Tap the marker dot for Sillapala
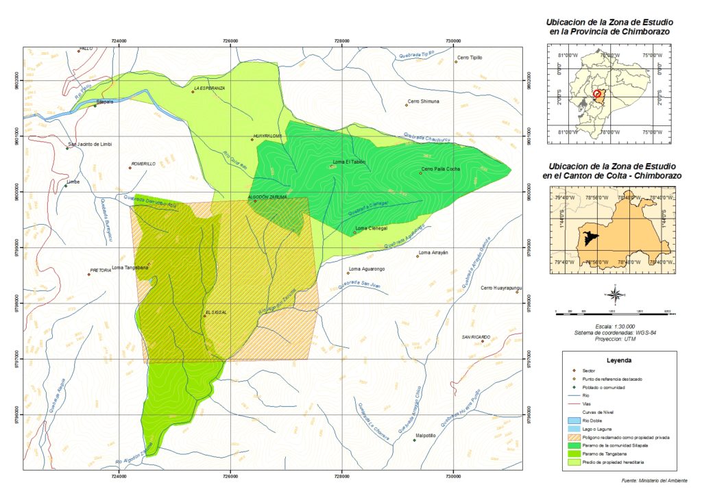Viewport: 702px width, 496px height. click(x=95, y=106)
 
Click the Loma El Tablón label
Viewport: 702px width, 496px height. click(x=349, y=162)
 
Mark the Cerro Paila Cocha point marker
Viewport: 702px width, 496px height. click(x=420, y=173)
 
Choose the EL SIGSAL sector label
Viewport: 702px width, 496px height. click(x=216, y=312)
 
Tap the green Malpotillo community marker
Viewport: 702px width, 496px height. click(x=415, y=440)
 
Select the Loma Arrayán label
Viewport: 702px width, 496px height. click(x=432, y=252)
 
